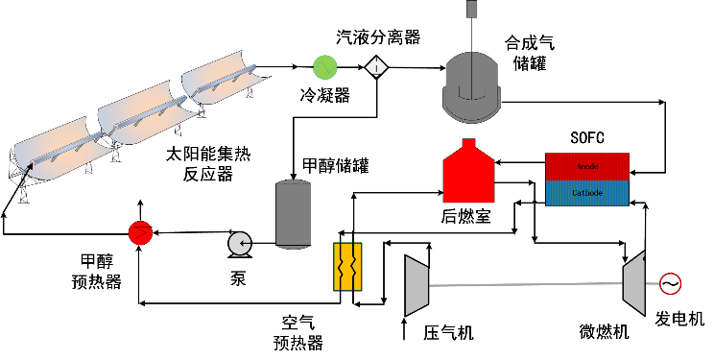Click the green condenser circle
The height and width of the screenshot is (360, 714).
tap(326, 66)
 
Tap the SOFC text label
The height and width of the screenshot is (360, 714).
tap(586, 138)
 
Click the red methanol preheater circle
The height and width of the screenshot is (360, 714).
tap(140, 230)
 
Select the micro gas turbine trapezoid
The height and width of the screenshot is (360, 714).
tap(634, 280)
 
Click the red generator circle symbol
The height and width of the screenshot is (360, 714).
tap(669, 284)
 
